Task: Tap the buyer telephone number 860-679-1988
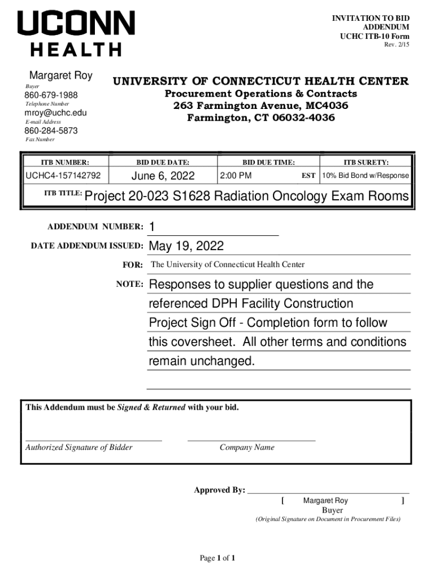tap(51, 95)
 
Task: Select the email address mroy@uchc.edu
tap(55, 113)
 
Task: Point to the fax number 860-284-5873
tap(51, 131)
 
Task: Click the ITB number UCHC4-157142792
tap(63, 176)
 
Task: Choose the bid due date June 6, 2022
tap(163, 176)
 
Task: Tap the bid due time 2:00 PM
tap(236, 176)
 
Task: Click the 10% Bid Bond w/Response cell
tap(366, 176)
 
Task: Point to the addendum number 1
tap(151, 227)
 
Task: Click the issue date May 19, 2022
tap(186, 247)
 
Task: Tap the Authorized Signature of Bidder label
tap(79, 448)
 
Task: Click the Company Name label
tap(247, 448)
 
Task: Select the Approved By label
tap(219, 490)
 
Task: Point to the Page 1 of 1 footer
tap(217, 558)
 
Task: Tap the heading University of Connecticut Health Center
tap(261, 81)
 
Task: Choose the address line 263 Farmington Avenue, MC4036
tap(260, 106)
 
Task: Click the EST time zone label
tap(308, 176)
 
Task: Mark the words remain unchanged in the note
tap(202, 361)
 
